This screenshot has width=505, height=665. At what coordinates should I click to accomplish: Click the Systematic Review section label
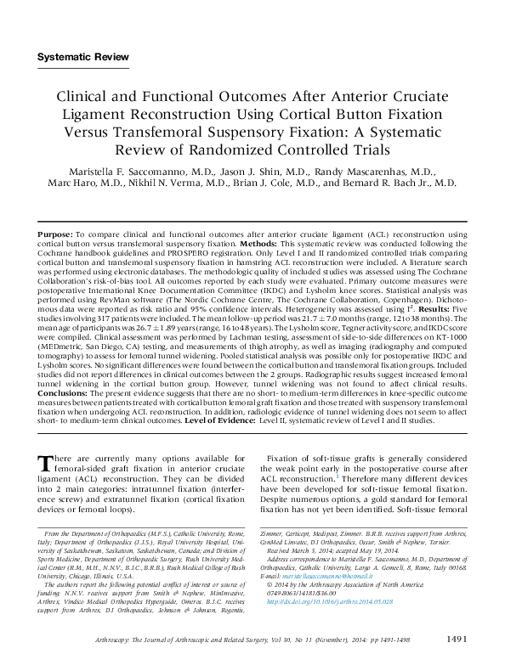point(83,57)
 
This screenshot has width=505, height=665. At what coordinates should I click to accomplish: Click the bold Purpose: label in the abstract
point(57,234)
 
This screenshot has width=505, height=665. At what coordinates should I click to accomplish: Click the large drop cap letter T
point(48,464)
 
